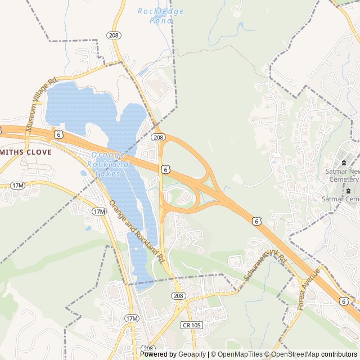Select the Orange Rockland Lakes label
(108, 164)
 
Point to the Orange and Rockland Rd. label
(137, 232)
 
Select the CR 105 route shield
(192, 325)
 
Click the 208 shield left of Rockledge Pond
(114, 35)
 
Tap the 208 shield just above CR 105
(179, 296)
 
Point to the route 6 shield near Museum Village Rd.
(58, 134)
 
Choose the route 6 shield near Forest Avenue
(343, 301)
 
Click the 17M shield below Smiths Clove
(17, 185)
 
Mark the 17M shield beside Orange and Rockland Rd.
(99, 211)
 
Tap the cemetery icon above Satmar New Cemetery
(343, 163)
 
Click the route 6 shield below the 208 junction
(165, 169)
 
